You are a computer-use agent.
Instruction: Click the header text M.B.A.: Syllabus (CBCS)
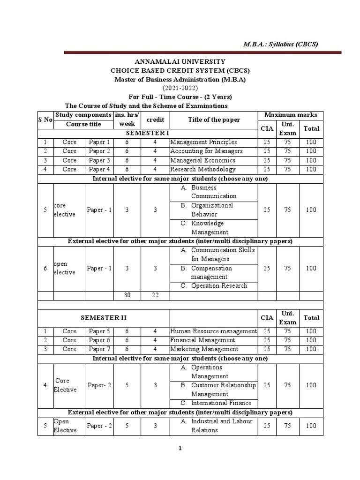click(280, 44)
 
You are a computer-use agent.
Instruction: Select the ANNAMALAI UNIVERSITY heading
click(180, 61)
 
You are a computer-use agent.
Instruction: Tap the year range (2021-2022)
click(180, 88)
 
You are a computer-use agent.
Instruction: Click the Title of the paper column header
click(214, 120)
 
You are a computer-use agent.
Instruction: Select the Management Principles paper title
click(203, 142)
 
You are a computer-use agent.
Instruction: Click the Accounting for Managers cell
click(206, 151)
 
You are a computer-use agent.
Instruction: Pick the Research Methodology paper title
click(203, 169)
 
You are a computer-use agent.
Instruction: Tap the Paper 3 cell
click(99, 160)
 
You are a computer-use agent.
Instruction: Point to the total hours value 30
click(127, 295)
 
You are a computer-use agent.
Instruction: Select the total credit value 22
click(155, 295)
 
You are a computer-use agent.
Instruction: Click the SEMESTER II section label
click(104, 317)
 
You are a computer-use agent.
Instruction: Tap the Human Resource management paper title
click(213, 331)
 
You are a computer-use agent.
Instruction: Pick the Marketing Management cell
click(204, 349)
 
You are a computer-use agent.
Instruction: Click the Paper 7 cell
click(99, 349)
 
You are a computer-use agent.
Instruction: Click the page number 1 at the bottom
click(180, 448)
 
